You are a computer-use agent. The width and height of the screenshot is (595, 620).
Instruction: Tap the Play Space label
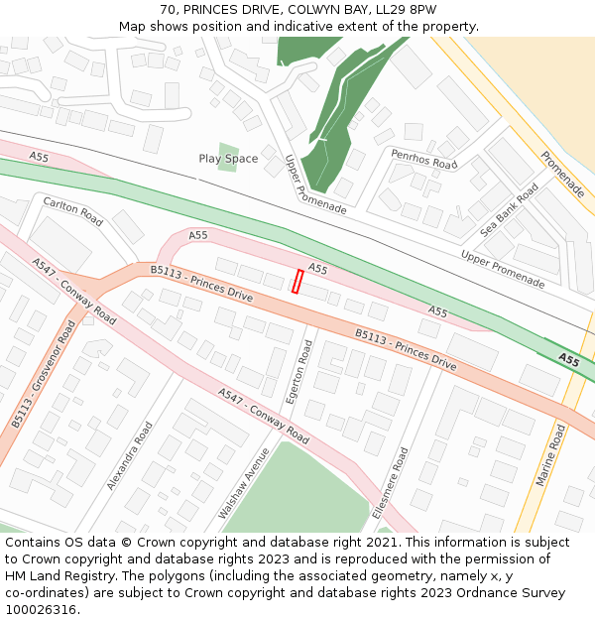pyautogui.click(x=228, y=159)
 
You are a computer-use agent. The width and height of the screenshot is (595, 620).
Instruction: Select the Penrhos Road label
pyautogui.click(x=423, y=160)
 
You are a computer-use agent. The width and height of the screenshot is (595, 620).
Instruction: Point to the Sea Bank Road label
pyautogui.click(x=511, y=210)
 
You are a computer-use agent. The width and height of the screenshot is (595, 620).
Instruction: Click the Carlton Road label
pyautogui.click(x=72, y=211)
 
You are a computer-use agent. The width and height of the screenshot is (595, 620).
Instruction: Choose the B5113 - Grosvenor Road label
pyautogui.click(x=45, y=373)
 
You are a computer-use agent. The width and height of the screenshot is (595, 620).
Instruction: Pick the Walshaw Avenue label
pyautogui.click(x=244, y=485)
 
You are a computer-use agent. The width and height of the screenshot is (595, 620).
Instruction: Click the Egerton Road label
pyautogui.click(x=298, y=372)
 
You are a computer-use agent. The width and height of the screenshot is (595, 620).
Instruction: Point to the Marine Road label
pyautogui.click(x=550, y=455)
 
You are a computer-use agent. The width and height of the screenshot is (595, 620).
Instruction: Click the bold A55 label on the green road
pyautogui.click(x=568, y=359)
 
